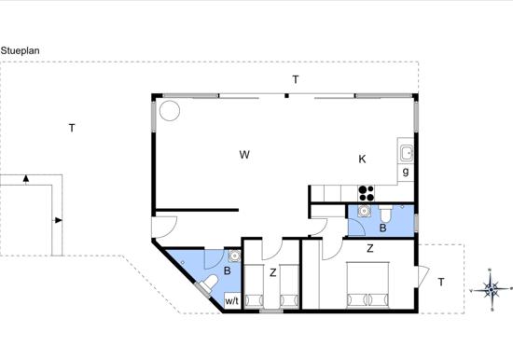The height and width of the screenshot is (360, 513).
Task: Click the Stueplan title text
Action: tap(21, 50)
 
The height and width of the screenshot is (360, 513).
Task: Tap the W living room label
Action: tap(244, 155)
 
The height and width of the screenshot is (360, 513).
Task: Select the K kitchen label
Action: tap(362, 159)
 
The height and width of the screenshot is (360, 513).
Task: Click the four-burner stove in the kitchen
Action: tap(367, 193)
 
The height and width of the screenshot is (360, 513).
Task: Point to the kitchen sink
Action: tap(407, 154)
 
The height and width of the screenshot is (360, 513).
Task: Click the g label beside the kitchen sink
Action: tap(406, 172)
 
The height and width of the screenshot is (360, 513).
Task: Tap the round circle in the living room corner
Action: tap(170, 111)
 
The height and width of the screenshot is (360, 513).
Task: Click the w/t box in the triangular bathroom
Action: tap(232, 300)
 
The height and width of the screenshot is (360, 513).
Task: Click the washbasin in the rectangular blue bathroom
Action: tap(364, 211)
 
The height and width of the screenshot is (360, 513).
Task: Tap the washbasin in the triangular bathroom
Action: tap(234, 256)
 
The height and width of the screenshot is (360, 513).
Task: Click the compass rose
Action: tap(491, 290)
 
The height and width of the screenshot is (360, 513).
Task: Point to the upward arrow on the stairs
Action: tap(26, 178)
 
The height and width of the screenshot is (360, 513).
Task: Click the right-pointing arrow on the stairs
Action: tap(57, 220)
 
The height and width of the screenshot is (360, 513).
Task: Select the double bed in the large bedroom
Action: tap(367, 285)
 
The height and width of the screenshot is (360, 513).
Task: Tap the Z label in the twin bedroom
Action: tap(272, 272)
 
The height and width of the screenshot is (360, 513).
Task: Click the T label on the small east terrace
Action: tap(441, 282)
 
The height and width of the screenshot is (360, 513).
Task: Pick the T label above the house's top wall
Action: tap(296, 79)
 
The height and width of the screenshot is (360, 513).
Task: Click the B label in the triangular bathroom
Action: tap(227, 270)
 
